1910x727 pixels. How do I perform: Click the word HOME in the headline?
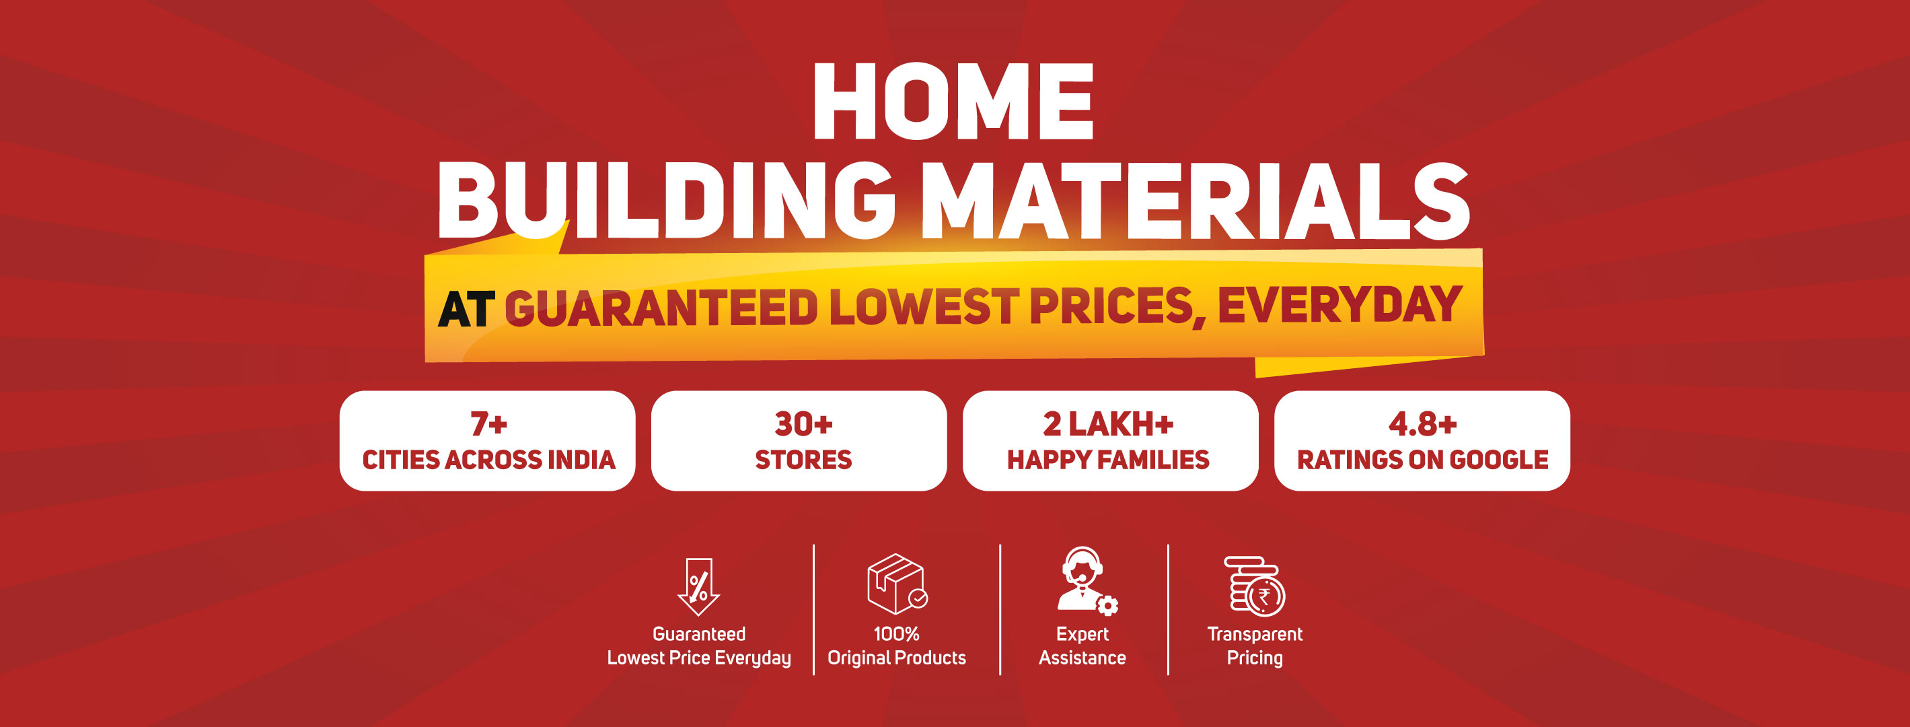[x=953, y=101]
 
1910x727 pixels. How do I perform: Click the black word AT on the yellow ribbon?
[x=466, y=310]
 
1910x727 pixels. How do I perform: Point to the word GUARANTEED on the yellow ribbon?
[x=661, y=308]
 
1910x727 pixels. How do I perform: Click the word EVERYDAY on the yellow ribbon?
[x=1339, y=305]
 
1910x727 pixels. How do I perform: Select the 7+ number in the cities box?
[x=488, y=424]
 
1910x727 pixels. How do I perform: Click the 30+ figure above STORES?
[x=804, y=424]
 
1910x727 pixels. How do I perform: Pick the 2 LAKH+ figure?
[x=1109, y=424]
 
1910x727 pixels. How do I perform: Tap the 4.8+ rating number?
[x=1422, y=424]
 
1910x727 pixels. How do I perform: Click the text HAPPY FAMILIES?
[x=1109, y=460]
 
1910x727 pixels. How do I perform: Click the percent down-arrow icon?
[x=698, y=587]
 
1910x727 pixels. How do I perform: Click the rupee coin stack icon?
[x=1255, y=586]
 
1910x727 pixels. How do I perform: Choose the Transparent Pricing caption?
[x=1255, y=646]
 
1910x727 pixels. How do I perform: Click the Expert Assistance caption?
[x=1082, y=646]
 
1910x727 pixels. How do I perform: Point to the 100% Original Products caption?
[x=896, y=646]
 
